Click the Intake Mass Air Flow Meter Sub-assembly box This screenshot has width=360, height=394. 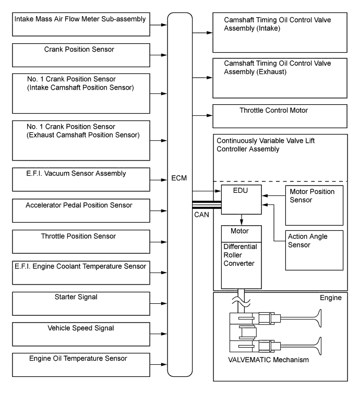81,24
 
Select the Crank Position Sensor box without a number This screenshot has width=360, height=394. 81,54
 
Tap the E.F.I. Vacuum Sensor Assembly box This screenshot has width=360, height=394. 81,179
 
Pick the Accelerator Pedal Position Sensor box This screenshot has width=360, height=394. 81,210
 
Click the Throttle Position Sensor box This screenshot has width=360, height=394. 81,241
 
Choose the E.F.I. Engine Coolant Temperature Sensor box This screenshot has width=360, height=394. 81,272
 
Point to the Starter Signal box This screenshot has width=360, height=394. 81,303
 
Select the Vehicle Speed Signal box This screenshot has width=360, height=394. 81,334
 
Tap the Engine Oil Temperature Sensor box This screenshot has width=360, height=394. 81,364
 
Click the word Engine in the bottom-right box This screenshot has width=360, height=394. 330,299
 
